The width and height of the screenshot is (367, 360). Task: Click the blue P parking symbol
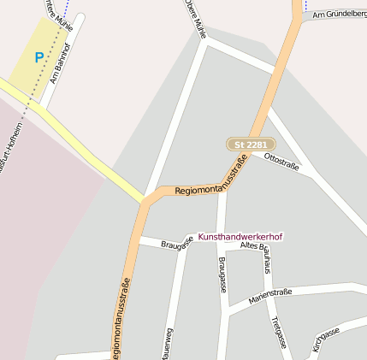(x=38, y=57)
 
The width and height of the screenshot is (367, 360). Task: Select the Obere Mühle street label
(x=195, y=18)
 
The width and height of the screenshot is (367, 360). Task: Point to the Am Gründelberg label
(x=340, y=15)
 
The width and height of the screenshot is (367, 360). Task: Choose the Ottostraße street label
(x=281, y=162)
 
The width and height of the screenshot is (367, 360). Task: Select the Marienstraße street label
(x=270, y=296)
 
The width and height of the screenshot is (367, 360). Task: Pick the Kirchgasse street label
(x=326, y=339)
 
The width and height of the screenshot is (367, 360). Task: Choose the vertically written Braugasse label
(x=222, y=274)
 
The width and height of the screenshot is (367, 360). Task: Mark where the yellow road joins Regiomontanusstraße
(x=143, y=204)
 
